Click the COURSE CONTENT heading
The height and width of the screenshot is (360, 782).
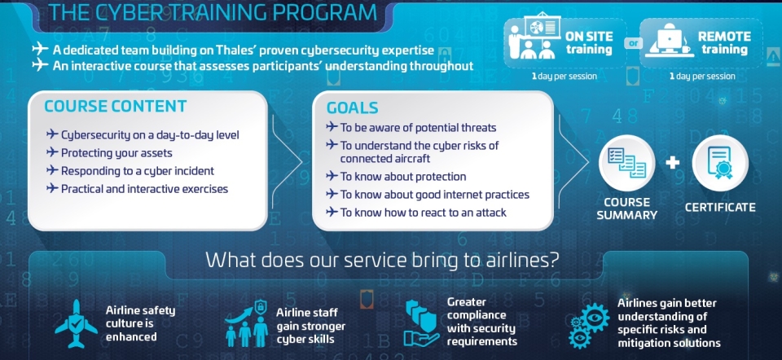(x=115, y=106)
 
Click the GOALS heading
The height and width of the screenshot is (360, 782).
(x=352, y=108)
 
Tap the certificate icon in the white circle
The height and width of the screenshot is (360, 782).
(x=719, y=163)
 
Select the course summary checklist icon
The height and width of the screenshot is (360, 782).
(x=627, y=163)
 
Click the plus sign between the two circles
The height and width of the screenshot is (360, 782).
(x=672, y=163)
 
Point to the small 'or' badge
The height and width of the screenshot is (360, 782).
(x=633, y=43)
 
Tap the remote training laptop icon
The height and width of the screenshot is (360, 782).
(x=668, y=41)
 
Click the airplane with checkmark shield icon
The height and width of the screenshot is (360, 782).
(x=76, y=323)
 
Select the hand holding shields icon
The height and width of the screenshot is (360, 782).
(x=421, y=323)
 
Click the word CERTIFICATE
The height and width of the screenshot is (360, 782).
(x=719, y=207)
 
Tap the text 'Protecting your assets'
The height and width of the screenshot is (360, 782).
(x=116, y=153)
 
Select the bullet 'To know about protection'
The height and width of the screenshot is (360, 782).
(x=403, y=177)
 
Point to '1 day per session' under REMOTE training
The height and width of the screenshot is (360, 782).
(x=702, y=77)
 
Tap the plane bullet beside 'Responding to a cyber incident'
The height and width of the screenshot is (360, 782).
(x=52, y=170)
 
